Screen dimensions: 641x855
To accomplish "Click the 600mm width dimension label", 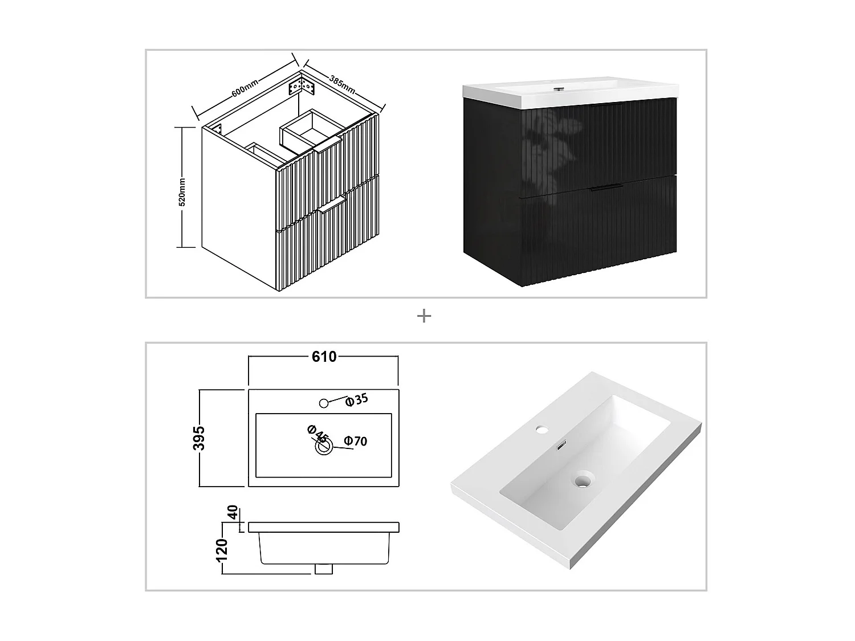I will click(x=245, y=87).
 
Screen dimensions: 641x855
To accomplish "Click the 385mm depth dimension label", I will click(x=343, y=84).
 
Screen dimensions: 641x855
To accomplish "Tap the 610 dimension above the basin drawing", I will click(x=324, y=357).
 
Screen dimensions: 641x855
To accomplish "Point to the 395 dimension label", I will click(x=199, y=438).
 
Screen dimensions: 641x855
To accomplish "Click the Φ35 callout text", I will click(x=357, y=399).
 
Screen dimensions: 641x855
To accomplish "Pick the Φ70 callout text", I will click(x=355, y=441).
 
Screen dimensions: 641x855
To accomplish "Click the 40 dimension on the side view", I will click(x=233, y=513).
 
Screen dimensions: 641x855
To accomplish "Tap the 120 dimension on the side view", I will click(x=222, y=550).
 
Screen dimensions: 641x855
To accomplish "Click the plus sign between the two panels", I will click(x=424, y=316).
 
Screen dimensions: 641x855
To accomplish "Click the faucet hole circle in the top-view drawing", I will click(x=324, y=403).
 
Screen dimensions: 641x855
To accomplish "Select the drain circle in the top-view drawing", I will click(x=324, y=447).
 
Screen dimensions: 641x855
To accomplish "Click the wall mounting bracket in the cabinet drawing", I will click(x=302, y=87).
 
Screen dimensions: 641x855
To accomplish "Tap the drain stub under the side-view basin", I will click(x=324, y=569).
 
